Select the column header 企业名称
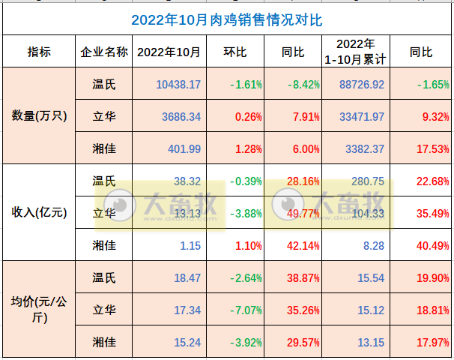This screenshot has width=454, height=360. click(x=104, y=52)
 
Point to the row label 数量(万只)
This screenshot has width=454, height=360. click(x=40, y=116)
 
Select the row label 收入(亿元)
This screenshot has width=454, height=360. click(x=40, y=212)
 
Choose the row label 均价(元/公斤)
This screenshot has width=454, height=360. click(x=40, y=309)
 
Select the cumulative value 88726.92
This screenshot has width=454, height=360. click(x=361, y=85)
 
